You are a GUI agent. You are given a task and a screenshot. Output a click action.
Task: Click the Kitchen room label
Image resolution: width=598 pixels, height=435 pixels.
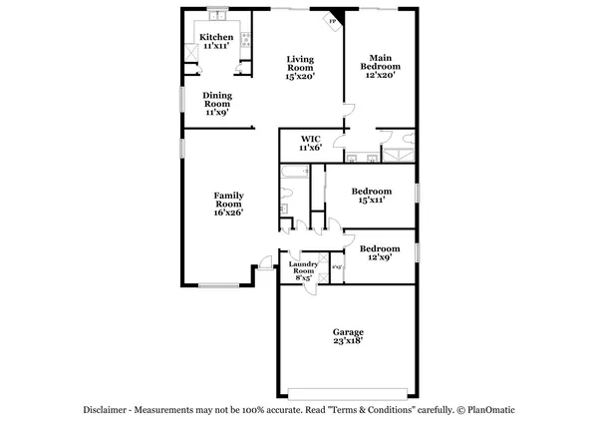click(216, 37)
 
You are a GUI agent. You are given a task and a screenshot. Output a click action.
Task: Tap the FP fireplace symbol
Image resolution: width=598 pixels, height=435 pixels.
click(333, 21)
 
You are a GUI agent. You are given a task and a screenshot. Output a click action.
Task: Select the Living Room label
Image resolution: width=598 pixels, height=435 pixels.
click(300, 64)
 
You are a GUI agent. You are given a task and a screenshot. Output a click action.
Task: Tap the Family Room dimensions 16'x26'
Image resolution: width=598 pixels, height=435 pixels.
click(228, 212)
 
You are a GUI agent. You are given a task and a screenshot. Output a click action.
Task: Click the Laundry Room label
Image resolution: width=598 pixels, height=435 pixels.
click(302, 267)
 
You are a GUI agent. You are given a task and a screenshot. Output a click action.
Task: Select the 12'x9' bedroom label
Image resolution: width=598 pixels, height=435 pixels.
click(380, 253)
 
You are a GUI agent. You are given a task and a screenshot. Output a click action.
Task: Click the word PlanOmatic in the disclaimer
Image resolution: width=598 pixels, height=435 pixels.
click(494, 410)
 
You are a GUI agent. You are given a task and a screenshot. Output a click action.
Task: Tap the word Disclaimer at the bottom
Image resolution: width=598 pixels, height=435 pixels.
click(107, 410)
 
